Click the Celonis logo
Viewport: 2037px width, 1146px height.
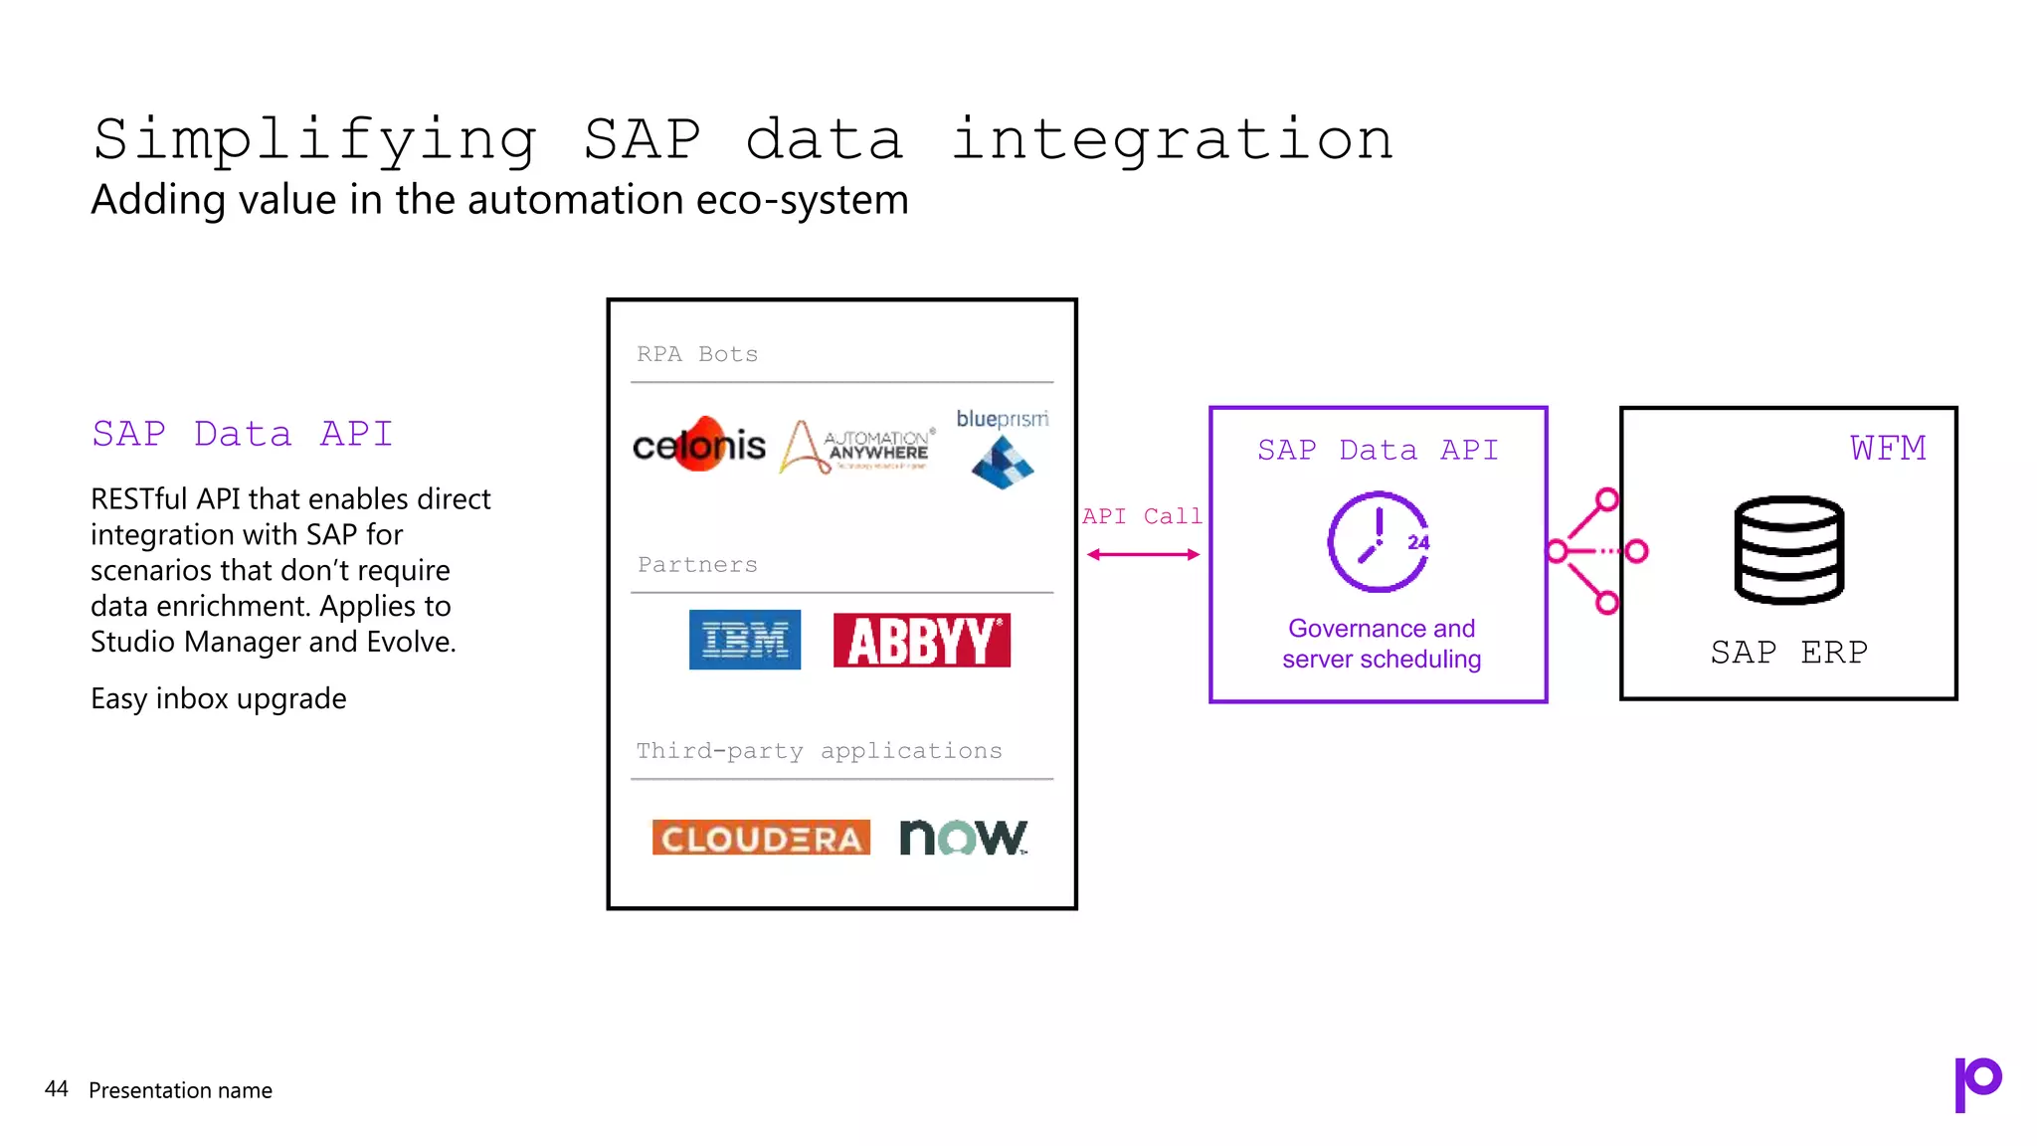[699, 445]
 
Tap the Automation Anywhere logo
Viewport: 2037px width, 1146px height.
[857, 447]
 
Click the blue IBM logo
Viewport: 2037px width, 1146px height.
[744, 640]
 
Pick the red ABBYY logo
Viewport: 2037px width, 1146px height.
[921, 640]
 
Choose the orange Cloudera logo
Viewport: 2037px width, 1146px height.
[761, 838]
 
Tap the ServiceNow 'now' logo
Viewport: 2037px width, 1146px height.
[963, 838]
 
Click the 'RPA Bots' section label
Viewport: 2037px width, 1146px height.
[697, 354]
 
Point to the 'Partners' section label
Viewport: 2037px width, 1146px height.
[697, 565]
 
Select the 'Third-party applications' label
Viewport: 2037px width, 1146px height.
[819, 751]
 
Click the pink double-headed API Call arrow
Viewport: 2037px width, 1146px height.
[1143, 554]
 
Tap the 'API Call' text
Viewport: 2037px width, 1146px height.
[1142, 516]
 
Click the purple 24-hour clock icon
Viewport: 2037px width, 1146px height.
[1379, 542]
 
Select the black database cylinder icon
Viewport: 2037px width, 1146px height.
[1788, 550]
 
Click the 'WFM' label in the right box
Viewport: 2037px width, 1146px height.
[1887, 449]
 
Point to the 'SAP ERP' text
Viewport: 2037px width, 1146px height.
[1788, 653]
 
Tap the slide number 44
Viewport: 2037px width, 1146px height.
[57, 1089]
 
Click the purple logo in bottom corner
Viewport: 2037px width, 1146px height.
[1977, 1083]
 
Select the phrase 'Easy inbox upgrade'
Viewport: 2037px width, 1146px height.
[219, 698]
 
